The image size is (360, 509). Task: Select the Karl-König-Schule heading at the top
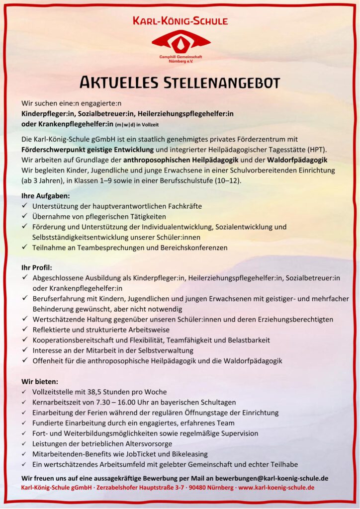(180, 21)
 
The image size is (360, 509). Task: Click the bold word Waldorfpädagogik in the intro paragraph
(295, 160)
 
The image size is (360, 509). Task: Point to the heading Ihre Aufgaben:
(45, 196)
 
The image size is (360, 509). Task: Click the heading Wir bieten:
(40, 382)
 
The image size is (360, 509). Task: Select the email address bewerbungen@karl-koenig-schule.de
(265, 479)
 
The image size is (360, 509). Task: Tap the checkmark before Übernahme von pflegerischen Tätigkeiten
(25, 217)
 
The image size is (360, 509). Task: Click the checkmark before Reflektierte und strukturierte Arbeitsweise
(25, 330)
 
